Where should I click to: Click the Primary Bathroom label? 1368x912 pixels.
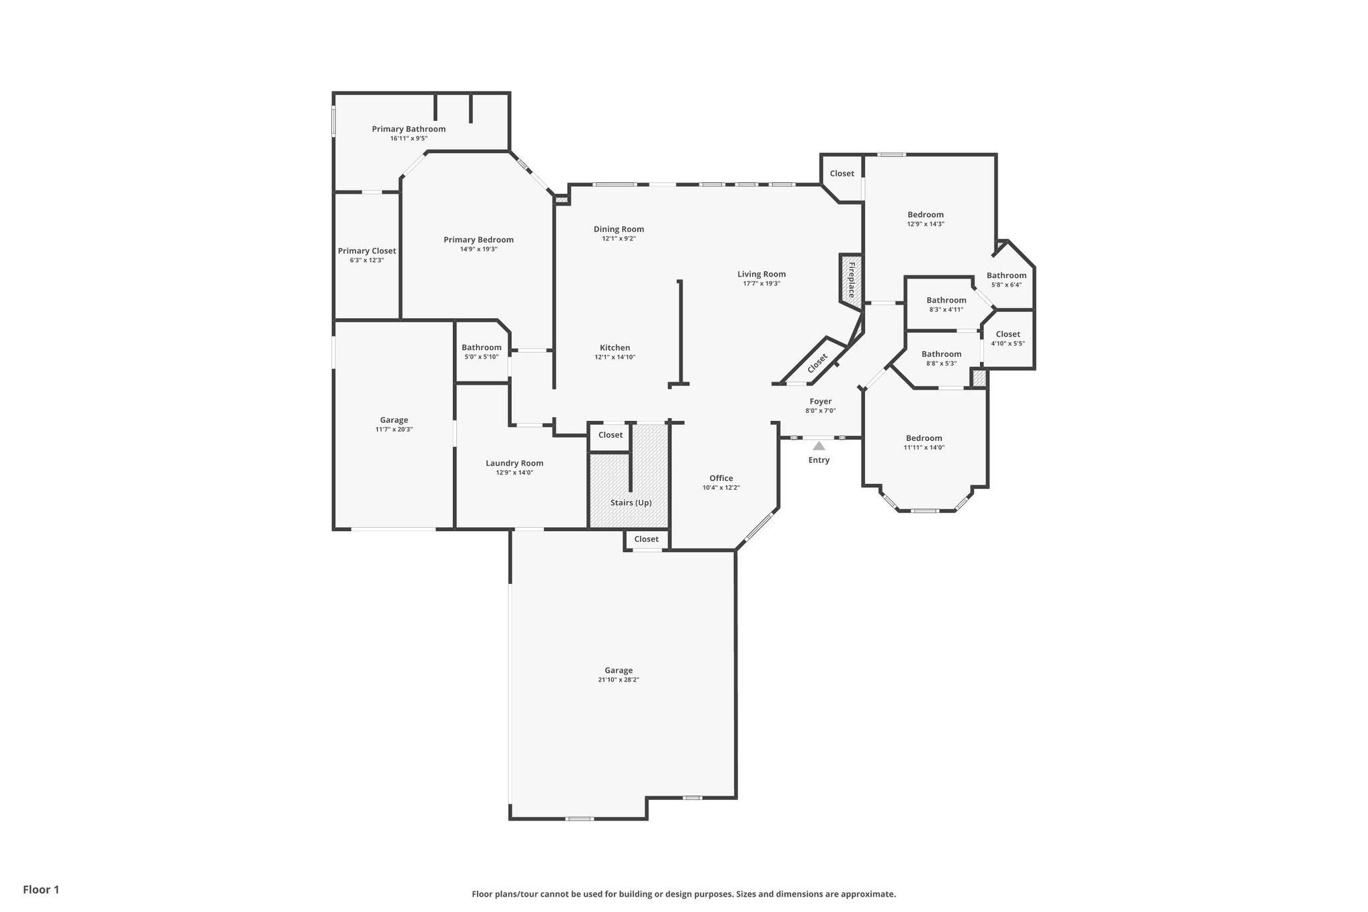click(x=408, y=129)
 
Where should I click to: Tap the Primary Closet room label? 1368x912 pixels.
click(x=367, y=251)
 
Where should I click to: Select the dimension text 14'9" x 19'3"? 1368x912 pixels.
click(x=478, y=249)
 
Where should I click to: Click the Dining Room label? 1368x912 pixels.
click(x=619, y=229)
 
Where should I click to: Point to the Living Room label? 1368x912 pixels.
click(x=761, y=274)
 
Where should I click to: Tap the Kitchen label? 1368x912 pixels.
click(x=615, y=347)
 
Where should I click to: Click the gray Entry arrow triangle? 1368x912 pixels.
click(x=819, y=446)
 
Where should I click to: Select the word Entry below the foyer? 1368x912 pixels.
click(x=819, y=460)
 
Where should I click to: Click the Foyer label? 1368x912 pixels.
click(x=820, y=402)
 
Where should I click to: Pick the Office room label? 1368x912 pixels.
click(x=721, y=478)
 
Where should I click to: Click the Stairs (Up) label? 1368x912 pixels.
click(x=631, y=502)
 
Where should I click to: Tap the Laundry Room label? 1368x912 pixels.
click(x=514, y=463)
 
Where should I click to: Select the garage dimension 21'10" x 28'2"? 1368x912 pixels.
click(x=619, y=680)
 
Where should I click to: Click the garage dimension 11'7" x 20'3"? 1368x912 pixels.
click(x=394, y=430)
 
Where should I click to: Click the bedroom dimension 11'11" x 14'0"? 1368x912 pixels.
click(x=924, y=448)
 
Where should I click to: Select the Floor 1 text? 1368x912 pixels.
click(x=41, y=889)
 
